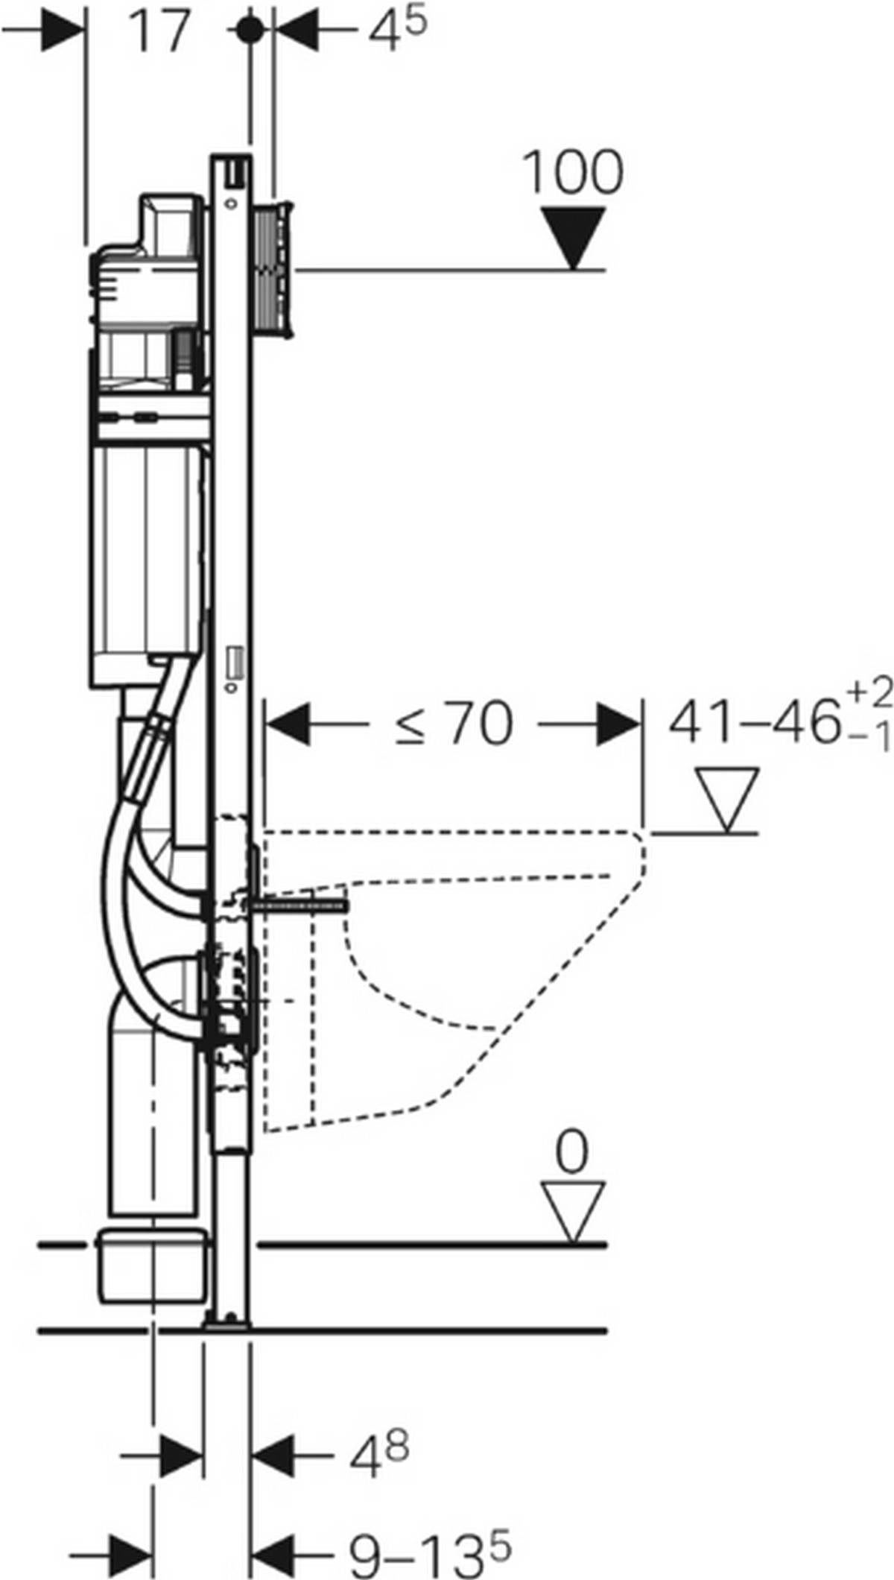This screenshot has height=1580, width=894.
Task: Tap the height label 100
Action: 573,173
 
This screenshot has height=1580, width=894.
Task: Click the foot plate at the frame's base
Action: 227,1323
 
